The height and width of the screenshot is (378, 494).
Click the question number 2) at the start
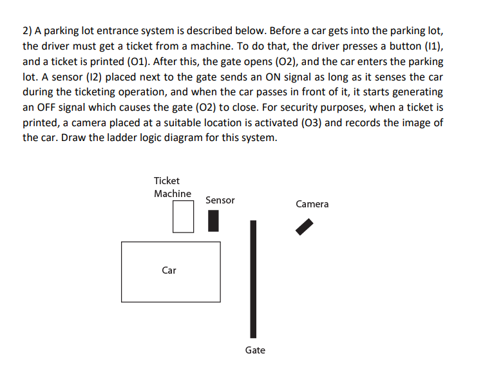28,32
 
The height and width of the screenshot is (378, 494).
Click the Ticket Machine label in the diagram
172,187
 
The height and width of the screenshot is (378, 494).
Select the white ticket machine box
183,216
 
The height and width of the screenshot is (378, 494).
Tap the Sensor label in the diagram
220,200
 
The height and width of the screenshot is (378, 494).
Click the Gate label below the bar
255,350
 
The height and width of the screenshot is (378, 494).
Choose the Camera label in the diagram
312,204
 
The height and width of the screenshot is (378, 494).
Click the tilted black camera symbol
304,227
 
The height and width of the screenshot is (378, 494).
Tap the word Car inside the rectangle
169,270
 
